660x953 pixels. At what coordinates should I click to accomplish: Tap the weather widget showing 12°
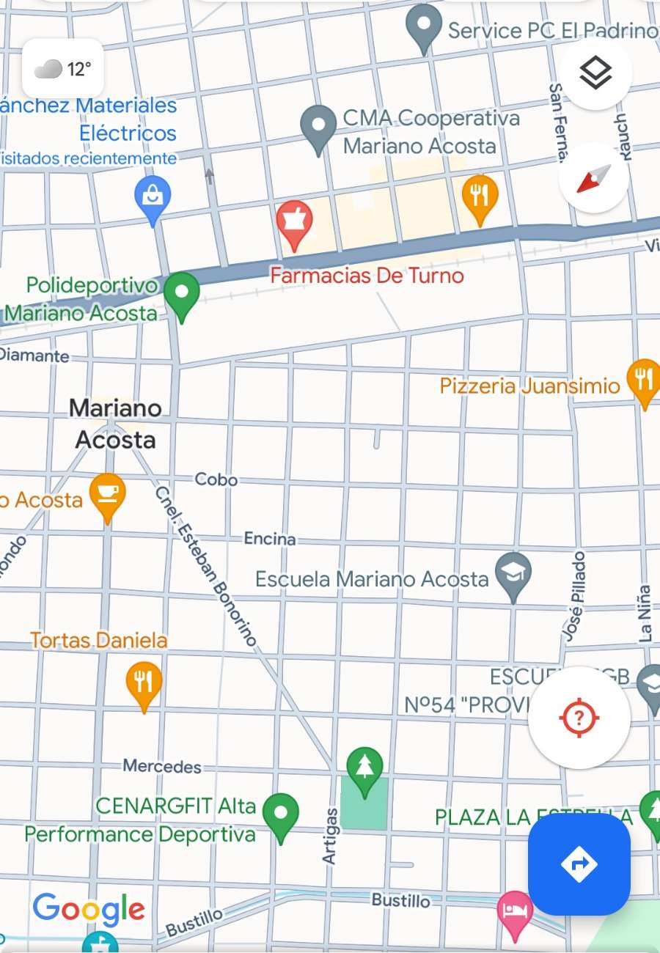[x=62, y=70]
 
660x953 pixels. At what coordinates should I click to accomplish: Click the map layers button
[x=595, y=73]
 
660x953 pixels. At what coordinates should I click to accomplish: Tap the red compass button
[x=594, y=178]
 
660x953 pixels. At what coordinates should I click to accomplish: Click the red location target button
[x=579, y=717]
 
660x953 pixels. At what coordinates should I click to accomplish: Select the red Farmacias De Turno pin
[x=294, y=222]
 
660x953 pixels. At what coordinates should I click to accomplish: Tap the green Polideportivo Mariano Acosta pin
[x=181, y=293]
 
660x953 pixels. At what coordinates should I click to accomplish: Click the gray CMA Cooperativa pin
[x=318, y=127]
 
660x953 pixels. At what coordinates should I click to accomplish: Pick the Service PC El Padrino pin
[x=423, y=26]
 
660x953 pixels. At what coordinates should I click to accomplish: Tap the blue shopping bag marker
[x=153, y=197]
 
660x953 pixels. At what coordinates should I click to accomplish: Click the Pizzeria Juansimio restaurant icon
[x=644, y=380]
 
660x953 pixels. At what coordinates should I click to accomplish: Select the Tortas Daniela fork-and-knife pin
[x=144, y=682]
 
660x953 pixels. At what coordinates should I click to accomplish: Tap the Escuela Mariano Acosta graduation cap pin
[x=513, y=574]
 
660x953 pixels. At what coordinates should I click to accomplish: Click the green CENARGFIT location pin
[x=281, y=814]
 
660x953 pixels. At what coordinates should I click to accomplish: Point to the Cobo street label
[x=216, y=479]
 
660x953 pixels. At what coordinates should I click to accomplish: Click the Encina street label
[x=270, y=539]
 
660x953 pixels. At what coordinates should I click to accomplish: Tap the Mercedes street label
[x=162, y=766]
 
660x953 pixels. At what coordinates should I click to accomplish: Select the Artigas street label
[x=330, y=836]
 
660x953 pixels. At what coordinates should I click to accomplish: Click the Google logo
[x=89, y=910]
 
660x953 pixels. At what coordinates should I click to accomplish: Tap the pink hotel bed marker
[x=515, y=912]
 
